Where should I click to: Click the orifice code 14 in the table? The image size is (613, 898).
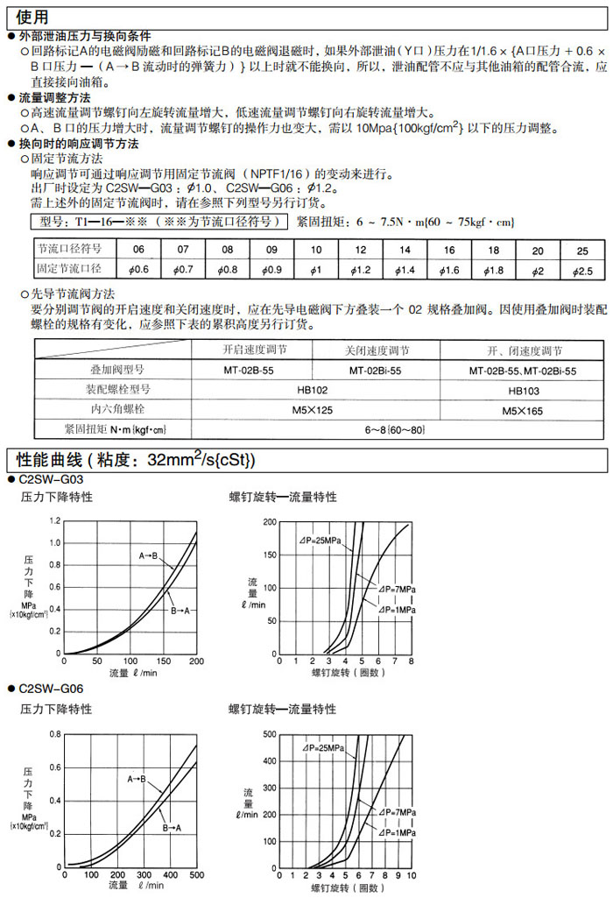(405, 250)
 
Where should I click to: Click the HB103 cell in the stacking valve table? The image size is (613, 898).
(523, 390)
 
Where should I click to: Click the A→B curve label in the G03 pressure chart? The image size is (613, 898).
(148, 556)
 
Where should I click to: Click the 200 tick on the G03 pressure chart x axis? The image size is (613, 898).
(196, 661)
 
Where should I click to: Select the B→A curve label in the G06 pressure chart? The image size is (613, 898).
(172, 827)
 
